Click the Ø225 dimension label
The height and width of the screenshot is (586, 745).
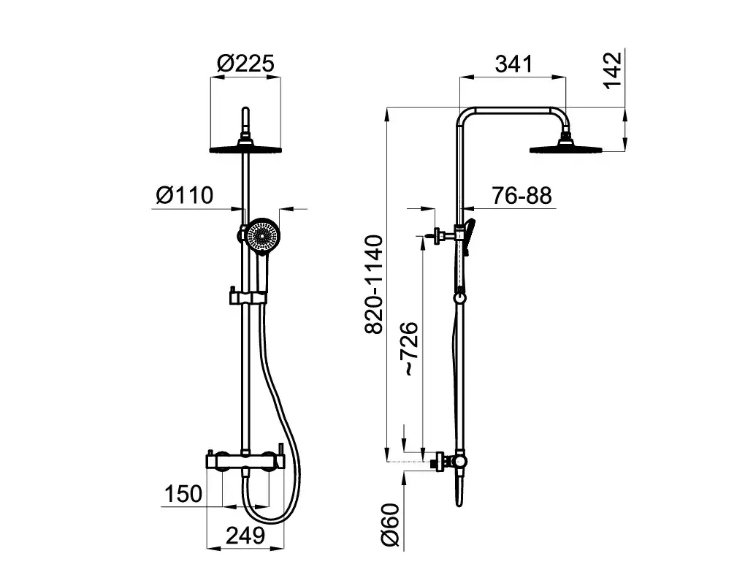pos(245,64)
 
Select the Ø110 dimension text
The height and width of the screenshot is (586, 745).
pos(185,195)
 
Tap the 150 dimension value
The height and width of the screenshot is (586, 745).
pos(183,494)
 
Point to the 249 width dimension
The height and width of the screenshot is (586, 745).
pos(245,536)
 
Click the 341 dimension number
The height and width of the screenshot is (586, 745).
pos(514,64)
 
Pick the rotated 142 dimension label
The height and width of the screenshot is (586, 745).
pos(613,70)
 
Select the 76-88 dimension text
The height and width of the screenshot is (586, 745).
pos(521,195)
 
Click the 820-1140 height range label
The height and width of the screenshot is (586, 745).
pos(374,284)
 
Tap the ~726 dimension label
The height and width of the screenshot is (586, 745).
pos(409,349)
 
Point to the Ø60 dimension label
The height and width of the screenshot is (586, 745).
pos(391,525)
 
